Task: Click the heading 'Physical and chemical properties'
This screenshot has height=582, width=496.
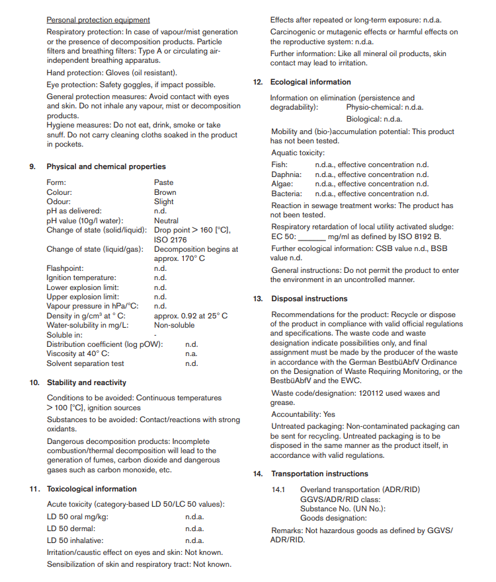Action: (106, 166)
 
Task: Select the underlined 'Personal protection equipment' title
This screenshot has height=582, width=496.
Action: (99, 20)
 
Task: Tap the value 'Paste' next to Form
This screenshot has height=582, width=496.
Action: (163, 182)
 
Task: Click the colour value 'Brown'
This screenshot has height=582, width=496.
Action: (165, 192)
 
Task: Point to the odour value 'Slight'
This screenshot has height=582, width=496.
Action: (164, 201)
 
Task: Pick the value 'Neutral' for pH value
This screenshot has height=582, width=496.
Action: (167, 221)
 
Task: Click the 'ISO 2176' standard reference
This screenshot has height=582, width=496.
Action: (171, 240)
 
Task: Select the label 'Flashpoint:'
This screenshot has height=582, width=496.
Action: (65, 268)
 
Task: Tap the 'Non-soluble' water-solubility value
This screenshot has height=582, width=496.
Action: (175, 325)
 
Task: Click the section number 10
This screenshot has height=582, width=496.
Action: (35, 382)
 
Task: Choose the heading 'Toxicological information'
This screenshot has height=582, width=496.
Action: (92, 489)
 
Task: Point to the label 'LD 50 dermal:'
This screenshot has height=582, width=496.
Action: (71, 528)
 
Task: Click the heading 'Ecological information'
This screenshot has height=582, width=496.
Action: (310, 82)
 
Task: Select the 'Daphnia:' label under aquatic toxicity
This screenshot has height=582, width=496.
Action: (286, 174)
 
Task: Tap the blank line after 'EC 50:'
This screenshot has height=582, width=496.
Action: (312, 236)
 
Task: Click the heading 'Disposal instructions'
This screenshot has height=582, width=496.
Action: (309, 299)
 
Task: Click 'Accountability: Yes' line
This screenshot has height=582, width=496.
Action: (303, 414)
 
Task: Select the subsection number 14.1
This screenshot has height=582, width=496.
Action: (278, 490)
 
